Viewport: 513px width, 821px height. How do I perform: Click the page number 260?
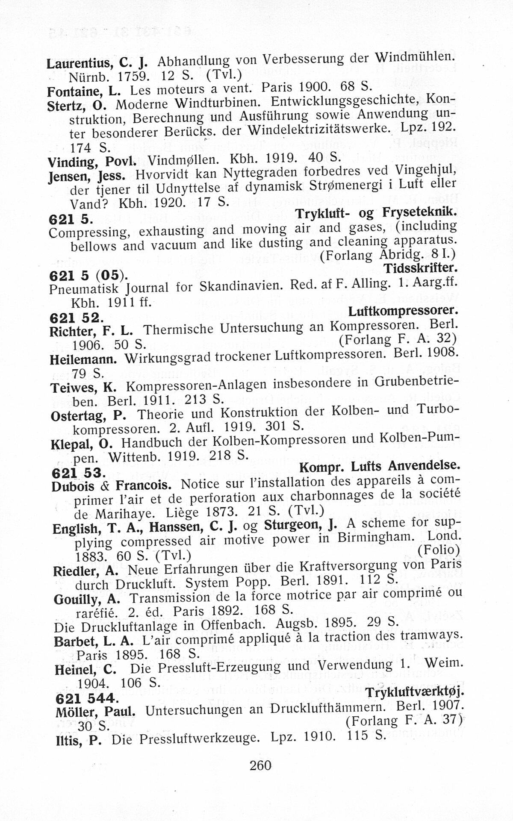point(260,777)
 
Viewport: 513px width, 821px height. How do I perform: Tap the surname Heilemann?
point(83,359)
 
